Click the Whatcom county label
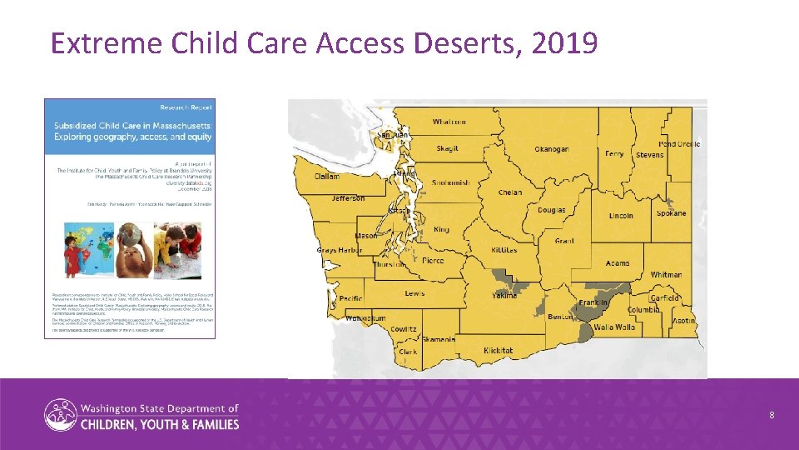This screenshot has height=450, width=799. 449,122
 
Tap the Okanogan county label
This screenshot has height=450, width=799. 551,149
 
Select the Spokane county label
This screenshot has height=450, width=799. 671,213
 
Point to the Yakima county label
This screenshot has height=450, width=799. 504,296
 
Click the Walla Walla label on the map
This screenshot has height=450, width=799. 614,327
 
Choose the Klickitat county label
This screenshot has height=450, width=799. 499,351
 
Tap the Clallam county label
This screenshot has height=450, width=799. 327,177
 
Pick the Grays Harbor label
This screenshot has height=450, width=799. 339,250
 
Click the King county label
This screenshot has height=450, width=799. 441,230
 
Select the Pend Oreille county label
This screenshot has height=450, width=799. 679,144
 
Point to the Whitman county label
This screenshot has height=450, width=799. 666,274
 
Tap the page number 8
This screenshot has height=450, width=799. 772,414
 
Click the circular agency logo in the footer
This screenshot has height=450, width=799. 59,415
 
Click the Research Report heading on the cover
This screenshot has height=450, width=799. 188,107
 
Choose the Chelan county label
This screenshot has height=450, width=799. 509,192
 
